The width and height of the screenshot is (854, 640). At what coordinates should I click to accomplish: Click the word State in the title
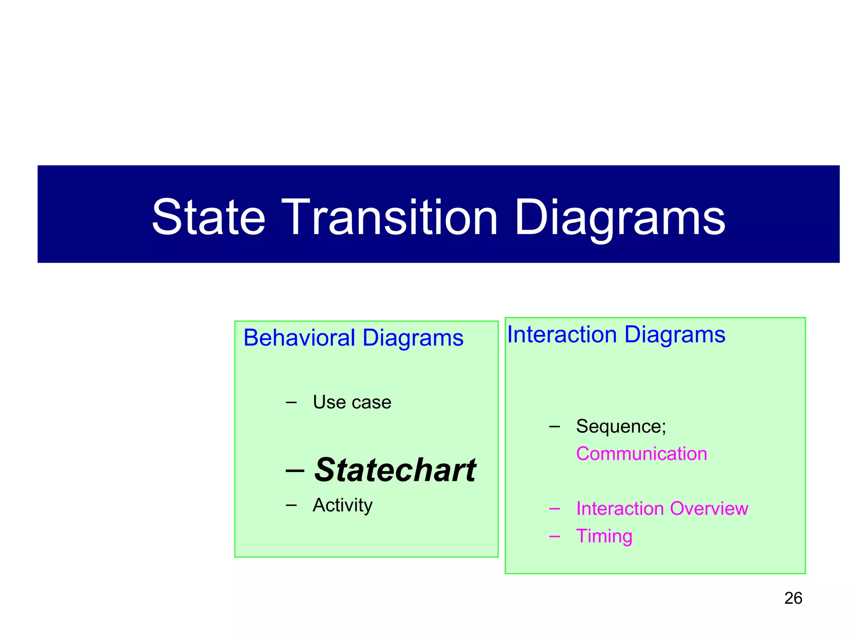208,217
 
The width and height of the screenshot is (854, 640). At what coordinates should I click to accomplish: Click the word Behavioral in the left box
299,337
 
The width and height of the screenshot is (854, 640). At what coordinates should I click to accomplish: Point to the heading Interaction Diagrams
616,335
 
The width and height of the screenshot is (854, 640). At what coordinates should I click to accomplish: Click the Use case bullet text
352,402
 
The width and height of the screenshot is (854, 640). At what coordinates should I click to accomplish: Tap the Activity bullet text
342,505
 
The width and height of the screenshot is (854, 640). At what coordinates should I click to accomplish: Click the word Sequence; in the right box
621,426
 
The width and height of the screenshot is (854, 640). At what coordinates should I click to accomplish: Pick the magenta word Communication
641,454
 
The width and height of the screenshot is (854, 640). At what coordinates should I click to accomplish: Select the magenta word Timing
604,536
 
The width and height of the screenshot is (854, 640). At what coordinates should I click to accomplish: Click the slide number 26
793,598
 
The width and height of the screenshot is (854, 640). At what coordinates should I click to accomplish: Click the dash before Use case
291,402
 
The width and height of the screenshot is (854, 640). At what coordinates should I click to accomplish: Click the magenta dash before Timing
554,536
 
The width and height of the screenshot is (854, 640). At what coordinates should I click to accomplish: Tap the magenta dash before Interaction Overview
554,509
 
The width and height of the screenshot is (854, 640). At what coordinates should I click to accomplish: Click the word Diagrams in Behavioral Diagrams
413,337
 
